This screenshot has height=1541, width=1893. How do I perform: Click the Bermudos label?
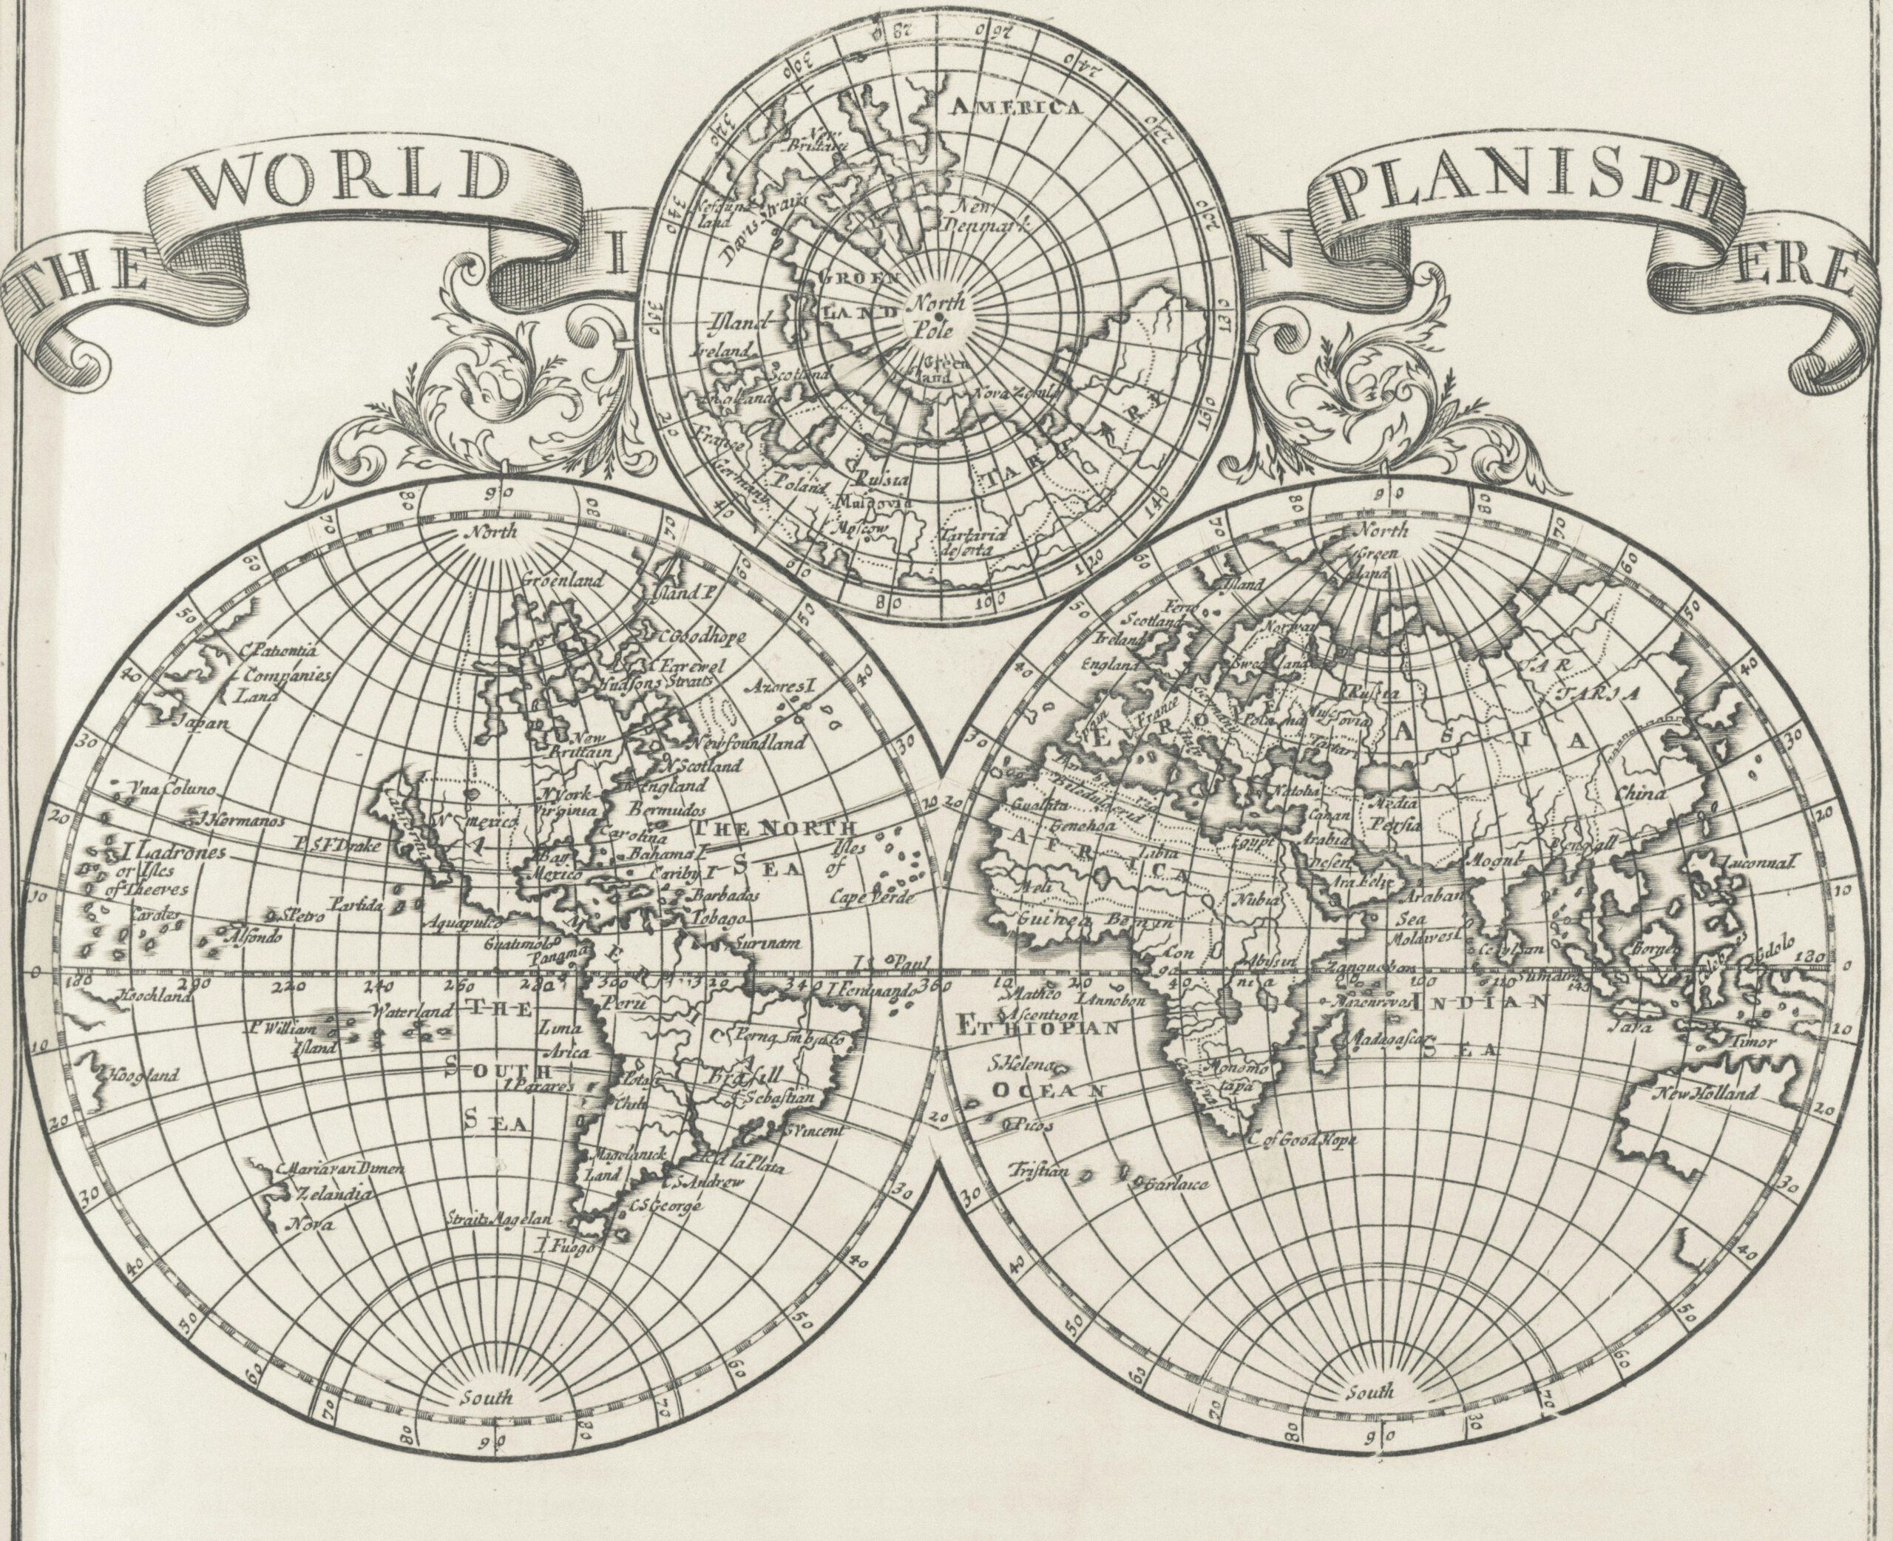coord(666,810)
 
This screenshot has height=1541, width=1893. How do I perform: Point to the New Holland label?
coord(1703,1094)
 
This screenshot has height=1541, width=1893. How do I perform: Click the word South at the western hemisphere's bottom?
coord(487,1398)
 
